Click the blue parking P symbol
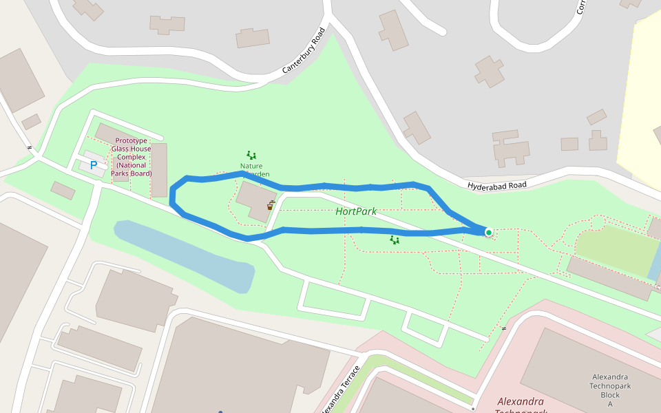tap(94, 165)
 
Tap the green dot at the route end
tap(489, 233)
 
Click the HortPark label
tap(356, 211)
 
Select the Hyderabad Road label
tap(497, 185)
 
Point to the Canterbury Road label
tap(304, 51)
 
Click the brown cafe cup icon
tap(270, 205)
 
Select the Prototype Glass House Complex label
tap(132, 156)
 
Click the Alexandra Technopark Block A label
tap(610, 390)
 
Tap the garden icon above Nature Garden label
tap(251, 156)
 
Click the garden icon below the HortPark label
tap(395, 240)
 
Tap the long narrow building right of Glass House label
tap(159, 169)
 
